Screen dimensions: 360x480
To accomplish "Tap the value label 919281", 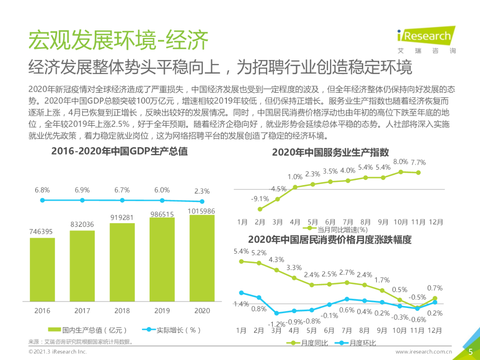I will [122, 217].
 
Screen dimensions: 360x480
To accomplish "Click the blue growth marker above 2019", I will [162, 201].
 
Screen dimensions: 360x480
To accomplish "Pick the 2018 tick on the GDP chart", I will [122, 311].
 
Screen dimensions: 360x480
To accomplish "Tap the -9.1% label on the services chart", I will [259, 198].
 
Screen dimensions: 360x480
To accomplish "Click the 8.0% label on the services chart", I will [400, 162].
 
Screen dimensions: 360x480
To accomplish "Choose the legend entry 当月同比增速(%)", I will [337, 230].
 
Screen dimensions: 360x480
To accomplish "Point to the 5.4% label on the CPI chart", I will [241, 252].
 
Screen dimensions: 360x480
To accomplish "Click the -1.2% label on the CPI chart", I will [277, 324].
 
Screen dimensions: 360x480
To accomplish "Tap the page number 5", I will [471, 352].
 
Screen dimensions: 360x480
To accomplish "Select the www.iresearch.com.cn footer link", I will [423, 352].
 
